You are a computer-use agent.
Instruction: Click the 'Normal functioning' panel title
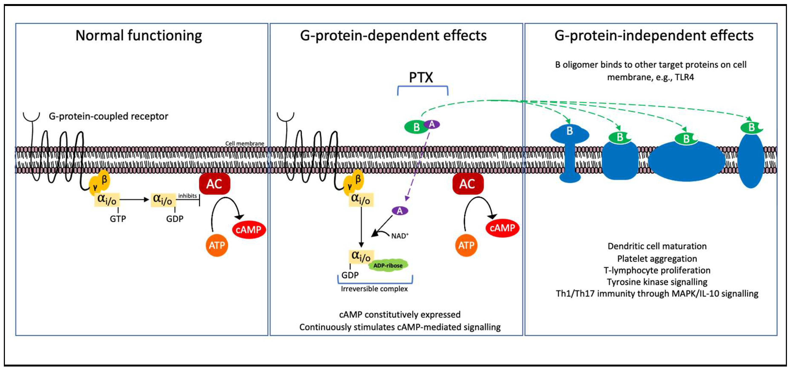138,36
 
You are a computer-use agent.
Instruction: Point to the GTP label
118,219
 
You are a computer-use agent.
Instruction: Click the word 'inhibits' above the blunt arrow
187,196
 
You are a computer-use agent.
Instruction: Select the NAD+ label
399,236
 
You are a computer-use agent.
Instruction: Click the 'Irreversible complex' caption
374,289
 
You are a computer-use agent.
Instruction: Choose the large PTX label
421,78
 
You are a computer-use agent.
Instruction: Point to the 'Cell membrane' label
244,143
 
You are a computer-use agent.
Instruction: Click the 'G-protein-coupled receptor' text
108,116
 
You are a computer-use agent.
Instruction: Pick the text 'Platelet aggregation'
657,259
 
